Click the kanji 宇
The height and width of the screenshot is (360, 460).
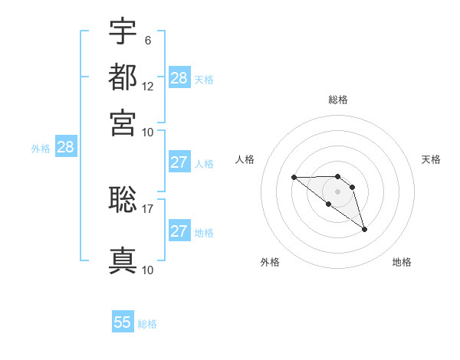point(123,31)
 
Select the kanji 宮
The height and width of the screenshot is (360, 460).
point(123,122)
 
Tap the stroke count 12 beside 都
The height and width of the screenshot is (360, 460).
point(148,86)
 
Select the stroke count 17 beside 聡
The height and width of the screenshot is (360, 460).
point(148,208)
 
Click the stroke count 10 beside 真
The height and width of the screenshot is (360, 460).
point(148,270)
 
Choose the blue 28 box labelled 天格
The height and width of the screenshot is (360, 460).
point(179,78)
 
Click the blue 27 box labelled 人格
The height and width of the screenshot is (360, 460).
point(179,162)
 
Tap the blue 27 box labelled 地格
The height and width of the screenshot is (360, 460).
point(179,231)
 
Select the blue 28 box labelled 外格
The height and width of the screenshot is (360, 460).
point(65,148)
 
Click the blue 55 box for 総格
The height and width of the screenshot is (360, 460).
point(123,322)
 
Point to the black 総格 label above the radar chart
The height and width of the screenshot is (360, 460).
point(338,100)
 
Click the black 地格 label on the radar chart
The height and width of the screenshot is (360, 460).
point(402,263)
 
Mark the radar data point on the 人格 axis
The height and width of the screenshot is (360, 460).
point(294,178)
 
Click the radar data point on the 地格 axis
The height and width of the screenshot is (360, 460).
point(364,229)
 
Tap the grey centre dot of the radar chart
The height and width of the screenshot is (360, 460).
point(338,191)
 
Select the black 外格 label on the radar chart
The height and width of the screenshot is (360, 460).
point(270,263)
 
